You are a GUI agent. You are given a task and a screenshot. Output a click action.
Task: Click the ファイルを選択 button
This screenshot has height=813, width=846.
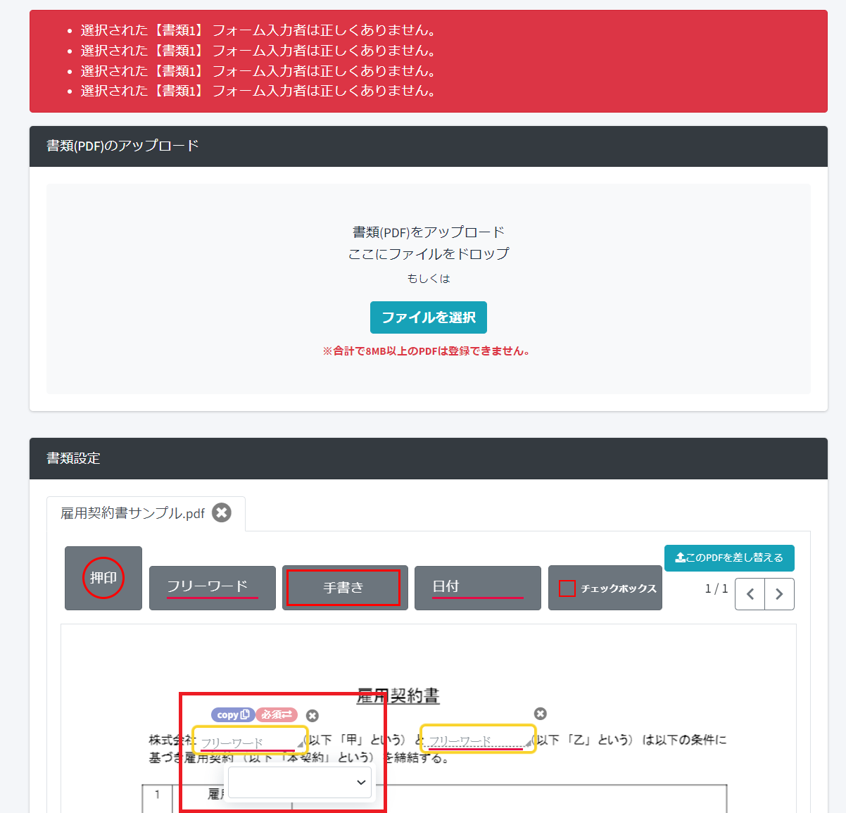(x=428, y=317)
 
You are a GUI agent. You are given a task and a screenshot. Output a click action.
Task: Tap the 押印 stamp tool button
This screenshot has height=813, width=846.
(x=103, y=578)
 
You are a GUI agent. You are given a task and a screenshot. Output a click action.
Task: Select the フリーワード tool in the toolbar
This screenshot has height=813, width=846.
(x=212, y=587)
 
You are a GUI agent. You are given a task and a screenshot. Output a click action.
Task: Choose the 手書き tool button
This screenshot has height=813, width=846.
(x=344, y=588)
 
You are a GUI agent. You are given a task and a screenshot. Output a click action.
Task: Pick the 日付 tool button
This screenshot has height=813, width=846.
(x=477, y=587)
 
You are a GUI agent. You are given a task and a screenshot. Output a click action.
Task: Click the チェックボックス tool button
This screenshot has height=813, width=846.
(x=605, y=588)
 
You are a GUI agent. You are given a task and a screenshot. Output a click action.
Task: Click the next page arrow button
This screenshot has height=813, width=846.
(x=779, y=594)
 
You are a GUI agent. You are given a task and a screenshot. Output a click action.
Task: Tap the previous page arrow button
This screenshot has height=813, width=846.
(x=750, y=594)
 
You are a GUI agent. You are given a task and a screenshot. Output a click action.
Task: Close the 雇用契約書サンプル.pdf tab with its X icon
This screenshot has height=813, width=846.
(x=222, y=512)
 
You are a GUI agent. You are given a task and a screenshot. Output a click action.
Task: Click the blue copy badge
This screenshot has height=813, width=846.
(x=233, y=714)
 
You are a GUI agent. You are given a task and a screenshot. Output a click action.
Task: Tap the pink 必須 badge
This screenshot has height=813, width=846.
(x=277, y=714)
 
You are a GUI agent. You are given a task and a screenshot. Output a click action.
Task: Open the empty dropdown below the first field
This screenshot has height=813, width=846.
(x=300, y=783)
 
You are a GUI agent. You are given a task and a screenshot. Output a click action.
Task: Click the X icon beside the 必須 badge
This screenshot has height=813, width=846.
(x=312, y=716)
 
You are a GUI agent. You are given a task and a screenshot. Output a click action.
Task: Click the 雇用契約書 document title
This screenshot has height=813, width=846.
(x=398, y=696)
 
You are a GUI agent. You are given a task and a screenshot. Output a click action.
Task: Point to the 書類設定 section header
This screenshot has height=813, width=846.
(x=74, y=458)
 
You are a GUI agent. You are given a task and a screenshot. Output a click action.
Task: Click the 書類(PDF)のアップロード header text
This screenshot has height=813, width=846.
(x=122, y=146)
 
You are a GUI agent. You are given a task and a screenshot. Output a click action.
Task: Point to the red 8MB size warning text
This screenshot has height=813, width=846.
(x=426, y=351)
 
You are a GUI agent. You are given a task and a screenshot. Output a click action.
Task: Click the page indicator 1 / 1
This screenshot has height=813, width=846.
(x=716, y=588)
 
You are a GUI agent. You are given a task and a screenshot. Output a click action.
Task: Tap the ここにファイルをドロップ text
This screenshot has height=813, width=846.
(x=428, y=254)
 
